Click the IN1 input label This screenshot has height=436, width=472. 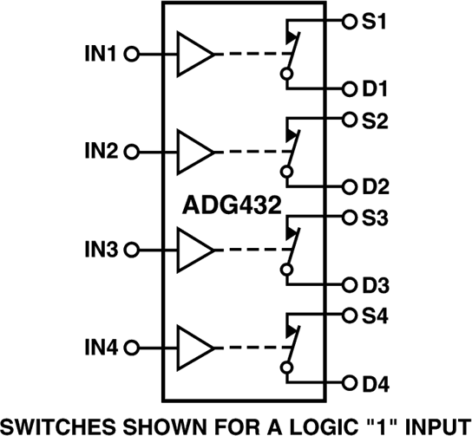[101, 54]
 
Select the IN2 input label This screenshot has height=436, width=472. [101, 152]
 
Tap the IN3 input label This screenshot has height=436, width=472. [101, 250]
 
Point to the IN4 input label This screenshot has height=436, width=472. [101, 348]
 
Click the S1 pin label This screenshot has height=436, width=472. [375, 20]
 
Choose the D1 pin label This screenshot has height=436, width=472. [376, 88]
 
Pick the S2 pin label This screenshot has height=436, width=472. [375, 120]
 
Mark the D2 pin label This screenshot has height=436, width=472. [376, 186]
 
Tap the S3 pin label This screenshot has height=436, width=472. [375, 218]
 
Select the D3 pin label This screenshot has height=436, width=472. [376, 284]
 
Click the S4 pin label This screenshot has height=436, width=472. [375, 316]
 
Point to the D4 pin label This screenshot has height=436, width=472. [376, 382]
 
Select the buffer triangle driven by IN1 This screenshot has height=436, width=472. [194, 54]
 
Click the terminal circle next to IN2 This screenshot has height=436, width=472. [131, 152]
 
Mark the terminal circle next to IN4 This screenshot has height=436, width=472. [131, 348]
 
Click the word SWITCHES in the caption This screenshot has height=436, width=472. [54, 424]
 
